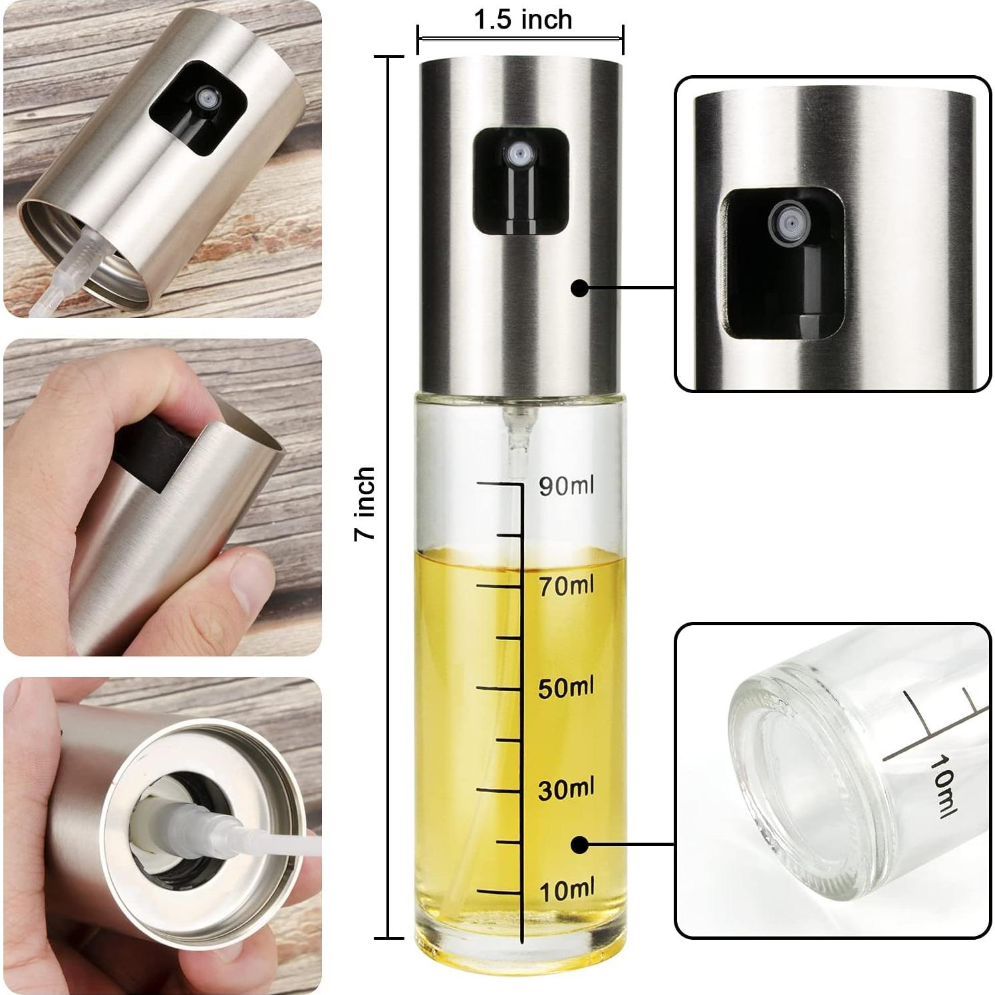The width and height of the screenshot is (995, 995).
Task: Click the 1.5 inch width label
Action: click(x=523, y=20)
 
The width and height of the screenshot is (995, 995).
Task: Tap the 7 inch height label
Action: click(x=364, y=502)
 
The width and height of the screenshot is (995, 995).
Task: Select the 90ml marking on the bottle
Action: click(x=566, y=486)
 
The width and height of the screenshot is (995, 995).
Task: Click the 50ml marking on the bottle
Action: click(x=566, y=688)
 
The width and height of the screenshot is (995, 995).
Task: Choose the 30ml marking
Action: click(x=566, y=789)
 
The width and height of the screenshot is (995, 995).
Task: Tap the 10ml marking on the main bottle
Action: click(x=566, y=890)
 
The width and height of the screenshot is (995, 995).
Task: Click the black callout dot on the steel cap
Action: click(x=579, y=288)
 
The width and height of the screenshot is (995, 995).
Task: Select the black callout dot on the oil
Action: click(x=579, y=844)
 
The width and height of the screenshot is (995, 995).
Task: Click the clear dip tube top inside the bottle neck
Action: click(x=517, y=426)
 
